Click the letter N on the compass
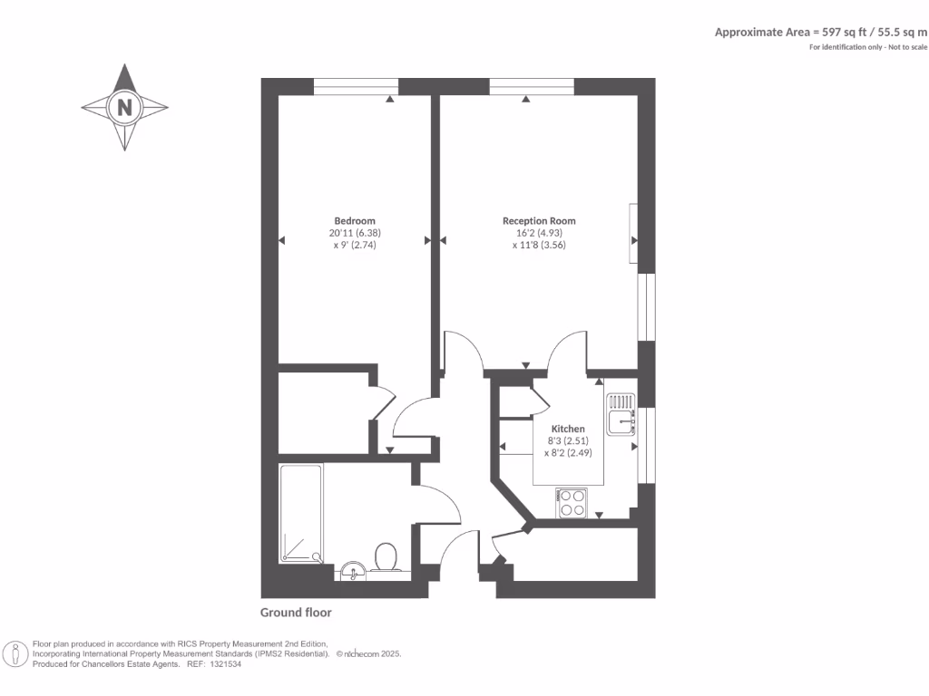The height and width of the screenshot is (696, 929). pyautogui.click(x=125, y=108)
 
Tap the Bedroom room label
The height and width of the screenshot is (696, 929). pyautogui.click(x=355, y=221)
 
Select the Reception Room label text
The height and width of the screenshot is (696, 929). pyautogui.click(x=539, y=221)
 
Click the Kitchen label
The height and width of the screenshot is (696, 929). pyautogui.click(x=568, y=429)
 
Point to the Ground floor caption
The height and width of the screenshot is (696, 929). pyautogui.click(x=296, y=613)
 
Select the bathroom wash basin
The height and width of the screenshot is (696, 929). pyautogui.click(x=353, y=570)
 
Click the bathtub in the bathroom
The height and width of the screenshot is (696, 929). pyautogui.click(x=300, y=514)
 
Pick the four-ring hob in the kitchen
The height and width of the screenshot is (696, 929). pyautogui.click(x=572, y=502)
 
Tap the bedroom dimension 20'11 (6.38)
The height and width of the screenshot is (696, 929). pyautogui.click(x=355, y=233)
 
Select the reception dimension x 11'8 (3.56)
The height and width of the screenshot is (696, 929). pyautogui.click(x=539, y=245)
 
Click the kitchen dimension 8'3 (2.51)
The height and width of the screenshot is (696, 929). pyautogui.click(x=568, y=441)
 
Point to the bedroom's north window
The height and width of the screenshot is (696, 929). pyautogui.click(x=356, y=87)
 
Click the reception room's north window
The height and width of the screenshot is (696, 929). pyautogui.click(x=532, y=87)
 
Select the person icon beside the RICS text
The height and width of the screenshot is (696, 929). pyautogui.click(x=15, y=653)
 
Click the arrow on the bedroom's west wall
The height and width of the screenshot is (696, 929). pyautogui.click(x=282, y=240)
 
